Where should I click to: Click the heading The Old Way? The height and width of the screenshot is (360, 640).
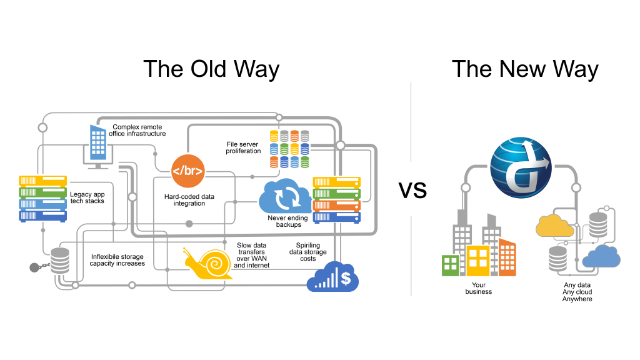click(211, 69)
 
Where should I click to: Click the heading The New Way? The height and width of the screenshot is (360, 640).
click(525, 69)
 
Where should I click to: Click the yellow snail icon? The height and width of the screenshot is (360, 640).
click(208, 263)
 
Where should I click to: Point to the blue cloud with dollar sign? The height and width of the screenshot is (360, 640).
click(333, 276)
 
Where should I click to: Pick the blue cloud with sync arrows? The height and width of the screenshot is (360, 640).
click(284, 196)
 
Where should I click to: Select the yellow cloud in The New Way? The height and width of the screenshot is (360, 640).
click(554, 226)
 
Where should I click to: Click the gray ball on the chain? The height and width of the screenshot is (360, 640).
click(35, 267)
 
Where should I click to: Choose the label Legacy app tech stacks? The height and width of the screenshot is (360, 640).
click(87, 197)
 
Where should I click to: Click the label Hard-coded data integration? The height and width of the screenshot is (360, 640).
click(189, 200)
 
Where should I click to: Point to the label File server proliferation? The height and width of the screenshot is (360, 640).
click(244, 147)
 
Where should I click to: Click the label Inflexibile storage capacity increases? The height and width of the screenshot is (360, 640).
click(117, 260)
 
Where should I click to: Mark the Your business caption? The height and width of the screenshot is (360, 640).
click(479, 288)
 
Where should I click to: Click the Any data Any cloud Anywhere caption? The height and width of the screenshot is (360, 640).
click(577, 292)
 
